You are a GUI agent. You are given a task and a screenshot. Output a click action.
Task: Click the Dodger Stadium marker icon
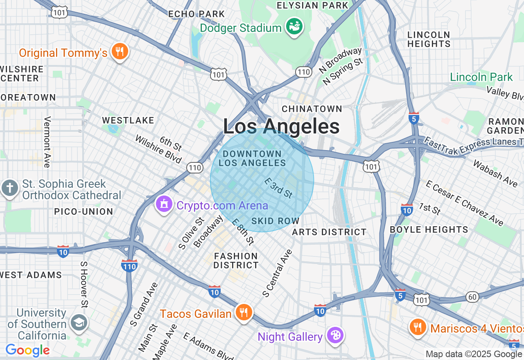(294, 26)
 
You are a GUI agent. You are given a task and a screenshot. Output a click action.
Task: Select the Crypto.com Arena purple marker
(164, 203)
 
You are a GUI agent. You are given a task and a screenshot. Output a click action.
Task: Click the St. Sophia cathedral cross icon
(10, 188)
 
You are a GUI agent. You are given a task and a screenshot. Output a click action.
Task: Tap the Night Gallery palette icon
(335, 336)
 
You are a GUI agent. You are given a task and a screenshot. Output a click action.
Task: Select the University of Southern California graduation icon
(79, 322)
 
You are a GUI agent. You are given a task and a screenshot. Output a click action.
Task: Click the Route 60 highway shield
(472, 297)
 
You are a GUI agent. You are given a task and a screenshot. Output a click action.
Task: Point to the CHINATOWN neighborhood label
(312, 109)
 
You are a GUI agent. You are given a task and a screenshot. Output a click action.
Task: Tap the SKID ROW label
(276, 221)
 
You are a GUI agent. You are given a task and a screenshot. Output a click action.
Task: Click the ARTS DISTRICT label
(329, 232)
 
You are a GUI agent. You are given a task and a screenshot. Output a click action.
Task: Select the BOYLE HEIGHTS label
(429, 229)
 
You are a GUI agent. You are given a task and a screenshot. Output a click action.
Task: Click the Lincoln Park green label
(481, 77)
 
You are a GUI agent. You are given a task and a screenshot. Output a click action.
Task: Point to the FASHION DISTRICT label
(236, 261)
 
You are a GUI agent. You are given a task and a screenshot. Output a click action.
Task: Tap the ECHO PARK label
(196, 14)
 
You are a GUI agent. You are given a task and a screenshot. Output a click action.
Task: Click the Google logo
(27, 350)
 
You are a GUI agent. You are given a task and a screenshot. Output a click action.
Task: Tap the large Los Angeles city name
(281, 126)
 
